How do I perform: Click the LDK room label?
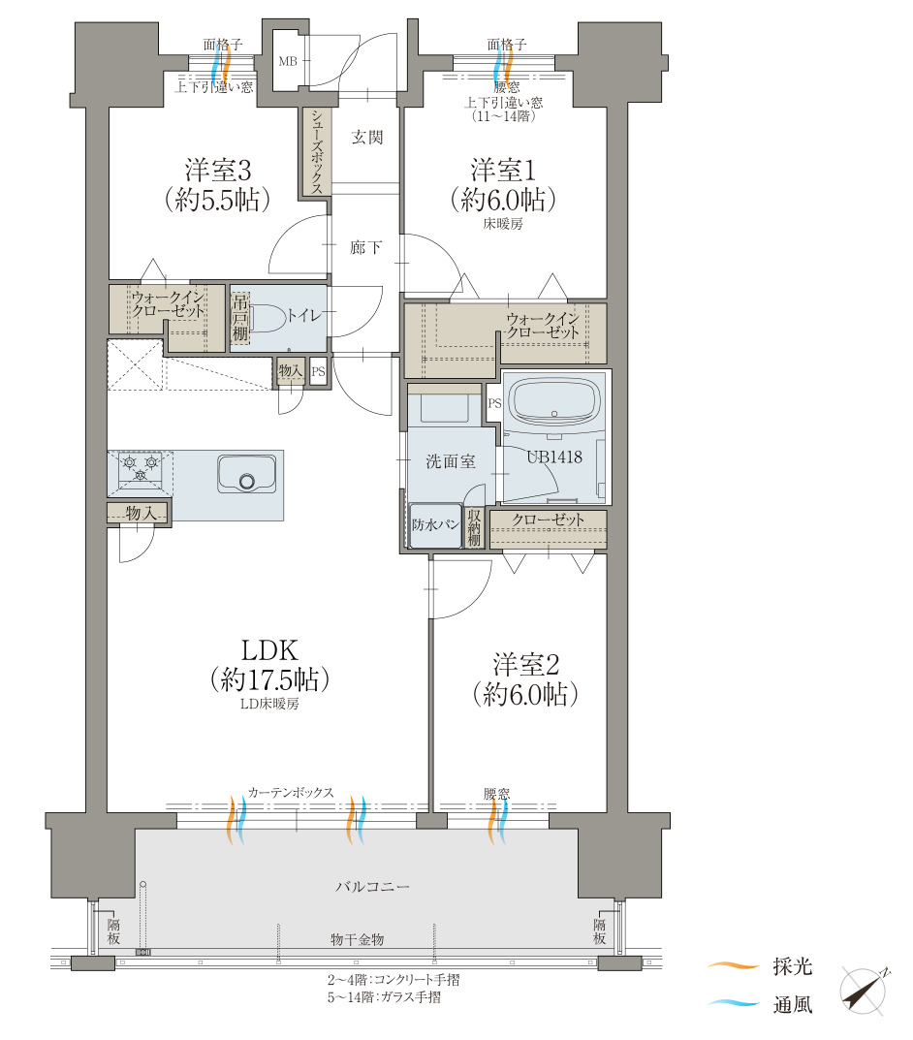tap(269, 650)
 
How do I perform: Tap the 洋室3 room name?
tap(218, 171)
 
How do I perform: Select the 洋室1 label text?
tap(503, 171)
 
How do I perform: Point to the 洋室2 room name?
tap(525, 665)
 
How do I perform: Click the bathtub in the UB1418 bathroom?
tap(554, 402)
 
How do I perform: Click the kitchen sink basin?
tap(246, 474)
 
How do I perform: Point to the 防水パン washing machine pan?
tap(435, 525)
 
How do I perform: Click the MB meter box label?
tap(288, 62)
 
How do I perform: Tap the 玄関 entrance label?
tap(366, 138)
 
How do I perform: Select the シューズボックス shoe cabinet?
tap(317, 152)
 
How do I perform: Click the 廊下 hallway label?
tap(365, 247)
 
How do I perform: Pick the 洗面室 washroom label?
tap(451, 461)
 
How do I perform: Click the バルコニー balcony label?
tap(372, 886)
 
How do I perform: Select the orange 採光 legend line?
tap(733, 966)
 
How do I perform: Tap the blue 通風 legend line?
tap(733, 1003)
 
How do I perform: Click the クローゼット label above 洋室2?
tap(548, 520)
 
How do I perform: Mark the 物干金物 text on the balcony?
tap(357, 939)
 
